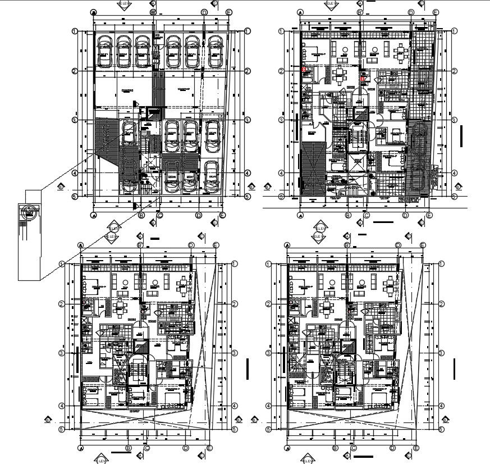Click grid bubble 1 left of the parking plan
tap(74, 31)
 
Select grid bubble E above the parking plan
tap(229, 12)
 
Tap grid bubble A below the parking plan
tap(94, 215)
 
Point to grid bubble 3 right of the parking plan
tap(248, 120)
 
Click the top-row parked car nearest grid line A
tap(104, 52)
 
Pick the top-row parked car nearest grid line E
tap(214, 52)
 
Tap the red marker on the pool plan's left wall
tap(304, 69)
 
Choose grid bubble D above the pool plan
tap(411, 12)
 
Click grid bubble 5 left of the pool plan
tap(281, 196)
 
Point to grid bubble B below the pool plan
tap(348, 215)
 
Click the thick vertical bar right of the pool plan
tap(460, 135)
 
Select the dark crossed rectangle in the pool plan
tap(314, 169)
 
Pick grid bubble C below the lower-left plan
tap(146, 448)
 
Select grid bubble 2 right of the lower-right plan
tap(442, 304)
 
